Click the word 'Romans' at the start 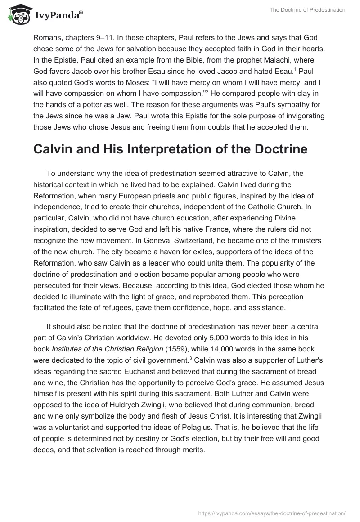click(47, 38)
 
